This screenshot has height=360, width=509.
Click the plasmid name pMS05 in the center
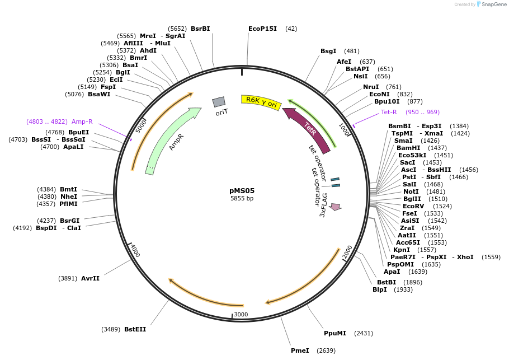pyautogui.click(x=242, y=190)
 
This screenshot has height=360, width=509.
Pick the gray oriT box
pyautogui.click(x=219, y=102)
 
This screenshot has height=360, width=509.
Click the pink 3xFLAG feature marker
pyautogui.click(x=335, y=207)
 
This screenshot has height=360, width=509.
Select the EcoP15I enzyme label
pyautogui.click(x=262, y=29)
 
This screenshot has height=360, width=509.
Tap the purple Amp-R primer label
pyautogui.click(x=82, y=121)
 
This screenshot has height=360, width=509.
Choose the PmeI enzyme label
pyautogui.click(x=300, y=350)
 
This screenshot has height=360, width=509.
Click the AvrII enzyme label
pyautogui.click(x=90, y=278)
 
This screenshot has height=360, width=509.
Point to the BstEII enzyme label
pyautogui.click(x=135, y=329)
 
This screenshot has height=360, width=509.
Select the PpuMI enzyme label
pyautogui.click(x=334, y=333)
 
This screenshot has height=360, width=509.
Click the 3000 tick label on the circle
pyautogui.click(x=241, y=314)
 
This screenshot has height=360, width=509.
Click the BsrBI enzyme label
pyautogui.click(x=200, y=29)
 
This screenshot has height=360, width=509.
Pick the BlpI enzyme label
pyautogui.click(x=379, y=289)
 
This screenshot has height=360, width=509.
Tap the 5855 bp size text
pyautogui.click(x=242, y=199)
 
